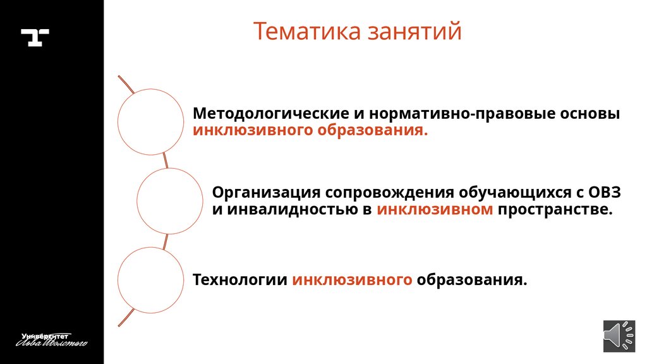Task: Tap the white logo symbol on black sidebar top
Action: (x=35, y=37)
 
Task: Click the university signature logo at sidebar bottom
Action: (x=52, y=339)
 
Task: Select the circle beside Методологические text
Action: (x=150, y=121)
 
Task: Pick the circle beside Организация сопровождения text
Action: (x=169, y=201)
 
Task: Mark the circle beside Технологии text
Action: (x=150, y=280)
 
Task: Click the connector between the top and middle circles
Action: (x=166, y=161)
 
